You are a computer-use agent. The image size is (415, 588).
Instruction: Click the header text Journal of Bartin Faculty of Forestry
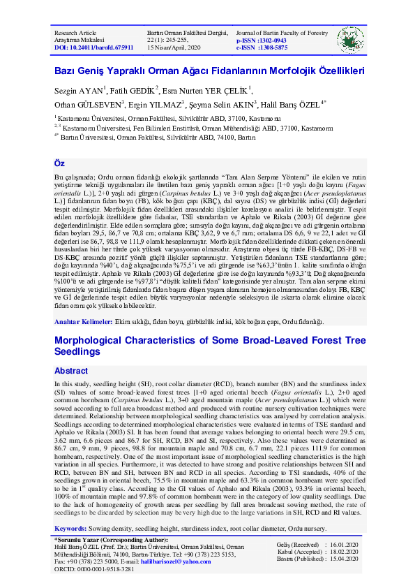tap(273, 33)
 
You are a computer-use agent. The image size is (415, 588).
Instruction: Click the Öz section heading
tap(59, 163)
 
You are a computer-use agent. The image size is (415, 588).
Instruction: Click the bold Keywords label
tap(70, 530)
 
